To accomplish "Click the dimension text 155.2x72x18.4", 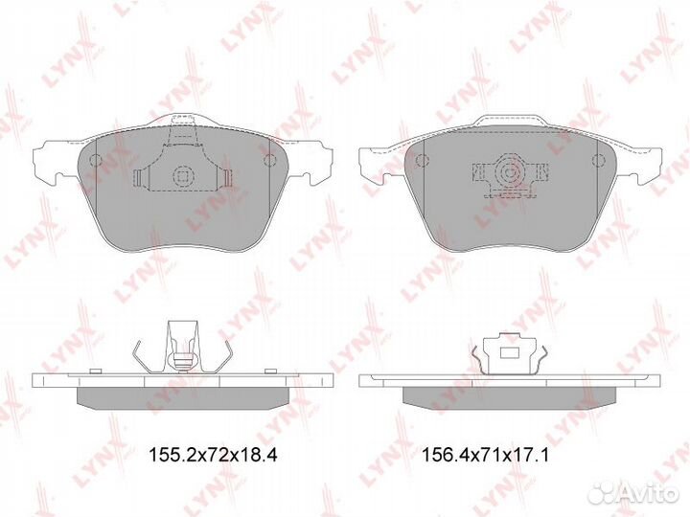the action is tap(213, 455).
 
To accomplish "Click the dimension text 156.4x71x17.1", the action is tap(485, 455).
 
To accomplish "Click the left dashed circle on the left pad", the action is tap(95, 161).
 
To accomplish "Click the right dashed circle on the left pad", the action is tap(269, 161).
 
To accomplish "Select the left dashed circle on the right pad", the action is tap(421, 161).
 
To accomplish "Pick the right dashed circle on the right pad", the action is tap(598, 161).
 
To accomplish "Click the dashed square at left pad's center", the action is tap(183, 176).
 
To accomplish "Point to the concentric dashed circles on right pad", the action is tap(510, 171).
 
